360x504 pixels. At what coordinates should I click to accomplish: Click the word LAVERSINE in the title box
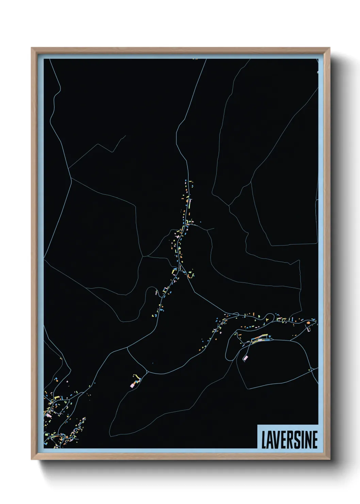tap(289, 439)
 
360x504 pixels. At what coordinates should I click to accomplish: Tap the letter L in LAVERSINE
tap(264, 439)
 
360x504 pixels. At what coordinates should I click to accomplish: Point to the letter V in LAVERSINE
tap(276, 439)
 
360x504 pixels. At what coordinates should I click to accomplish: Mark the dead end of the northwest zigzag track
tap(126, 136)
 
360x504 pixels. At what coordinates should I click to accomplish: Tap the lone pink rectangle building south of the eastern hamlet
tap(245, 358)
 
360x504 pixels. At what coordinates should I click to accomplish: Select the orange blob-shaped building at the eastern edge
tap(308, 322)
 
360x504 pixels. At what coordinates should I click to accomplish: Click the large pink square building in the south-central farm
tap(132, 385)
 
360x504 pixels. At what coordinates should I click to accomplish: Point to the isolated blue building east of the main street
tap(200, 222)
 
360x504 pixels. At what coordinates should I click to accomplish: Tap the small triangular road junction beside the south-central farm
tap(146, 373)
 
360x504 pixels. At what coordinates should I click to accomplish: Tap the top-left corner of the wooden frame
tap(32, 48)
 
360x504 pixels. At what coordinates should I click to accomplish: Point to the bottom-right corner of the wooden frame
tap(330, 459)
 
